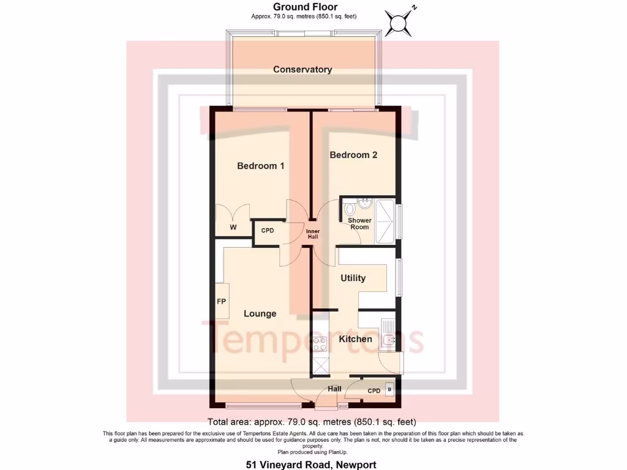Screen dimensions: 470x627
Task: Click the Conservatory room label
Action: point(302,69)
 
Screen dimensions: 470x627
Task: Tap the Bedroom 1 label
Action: point(260,166)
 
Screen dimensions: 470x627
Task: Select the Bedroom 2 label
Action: point(353,155)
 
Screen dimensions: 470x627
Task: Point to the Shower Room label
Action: point(359,223)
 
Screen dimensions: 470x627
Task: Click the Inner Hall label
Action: point(313,233)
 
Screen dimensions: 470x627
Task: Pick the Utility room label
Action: point(353,278)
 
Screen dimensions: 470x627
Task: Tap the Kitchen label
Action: point(355,339)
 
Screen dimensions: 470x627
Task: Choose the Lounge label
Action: point(260,313)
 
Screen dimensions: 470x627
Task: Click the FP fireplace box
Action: point(221,301)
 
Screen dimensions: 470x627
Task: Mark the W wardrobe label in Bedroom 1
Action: point(233,228)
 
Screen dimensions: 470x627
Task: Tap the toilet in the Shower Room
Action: point(350,208)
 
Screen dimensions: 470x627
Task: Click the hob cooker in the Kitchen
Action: point(320,345)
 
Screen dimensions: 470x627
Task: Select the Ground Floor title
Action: point(305,7)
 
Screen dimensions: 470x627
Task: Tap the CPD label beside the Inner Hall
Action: point(268,231)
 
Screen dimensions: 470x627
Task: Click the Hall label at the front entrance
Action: point(334,389)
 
